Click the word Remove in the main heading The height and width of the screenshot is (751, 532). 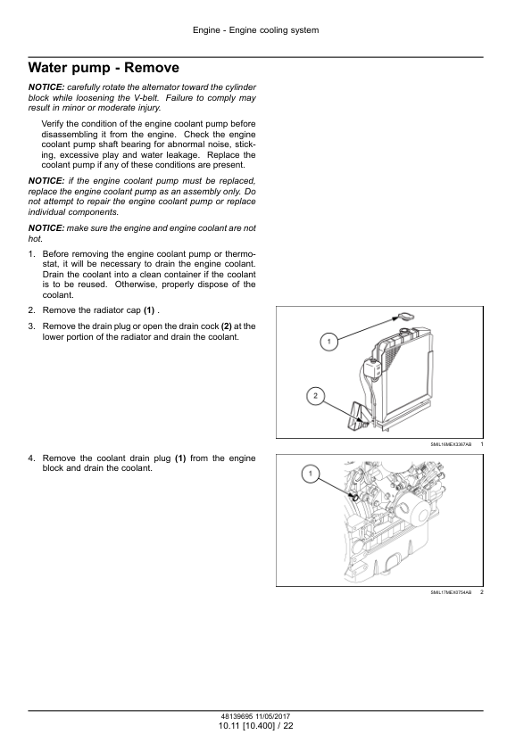(x=152, y=68)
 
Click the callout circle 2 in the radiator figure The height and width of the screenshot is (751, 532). (x=315, y=396)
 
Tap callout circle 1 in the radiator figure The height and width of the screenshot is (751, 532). (x=328, y=342)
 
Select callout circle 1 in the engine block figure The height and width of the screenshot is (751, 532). (x=310, y=474)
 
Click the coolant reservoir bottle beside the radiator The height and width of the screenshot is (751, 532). (x=371, y=368)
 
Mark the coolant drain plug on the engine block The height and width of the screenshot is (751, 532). (x=353, y=497)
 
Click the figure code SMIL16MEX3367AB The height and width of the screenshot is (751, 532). (x=451, y=444)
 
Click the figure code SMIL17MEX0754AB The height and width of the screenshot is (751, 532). (x=451, y=592)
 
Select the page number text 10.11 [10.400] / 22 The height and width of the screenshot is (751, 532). (x=255, y=726)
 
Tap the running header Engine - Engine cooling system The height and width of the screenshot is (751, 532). (x=255, y=30)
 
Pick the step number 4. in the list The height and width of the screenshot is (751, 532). (x=31, y=458)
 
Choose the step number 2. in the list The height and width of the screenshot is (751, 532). (x=31, y=310)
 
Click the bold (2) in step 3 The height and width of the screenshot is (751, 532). (x=226, y=326)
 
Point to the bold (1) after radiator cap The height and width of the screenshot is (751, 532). (x=149, y=310)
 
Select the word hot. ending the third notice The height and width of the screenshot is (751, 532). (x=36, y=238)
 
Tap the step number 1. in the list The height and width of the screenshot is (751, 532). (x=31, y=254)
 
